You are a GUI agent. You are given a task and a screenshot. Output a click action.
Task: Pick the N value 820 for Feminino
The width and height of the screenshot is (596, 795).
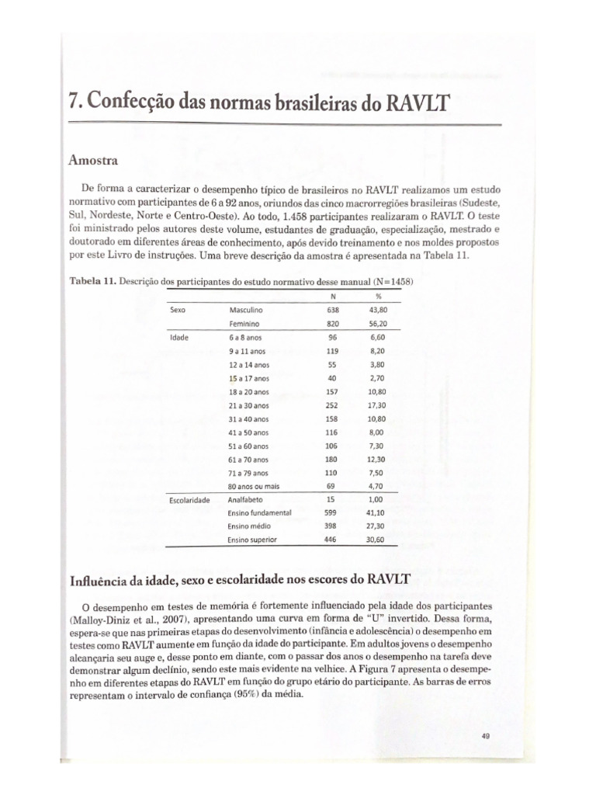(333, 323)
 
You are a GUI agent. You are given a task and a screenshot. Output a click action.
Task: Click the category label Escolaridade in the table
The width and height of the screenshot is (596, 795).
(190, 500)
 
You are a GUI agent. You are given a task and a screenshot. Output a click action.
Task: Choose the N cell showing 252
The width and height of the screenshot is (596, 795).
(333, 405)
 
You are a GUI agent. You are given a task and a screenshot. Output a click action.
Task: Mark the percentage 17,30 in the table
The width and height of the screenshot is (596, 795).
(378, 405)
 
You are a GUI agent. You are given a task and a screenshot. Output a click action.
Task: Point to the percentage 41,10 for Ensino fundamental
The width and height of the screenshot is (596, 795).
(377, 513)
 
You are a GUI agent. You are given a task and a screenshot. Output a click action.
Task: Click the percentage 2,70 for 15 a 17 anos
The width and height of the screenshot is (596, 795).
(378, 378)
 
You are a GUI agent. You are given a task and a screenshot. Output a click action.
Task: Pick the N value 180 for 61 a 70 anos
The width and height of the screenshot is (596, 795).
(333, 460)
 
